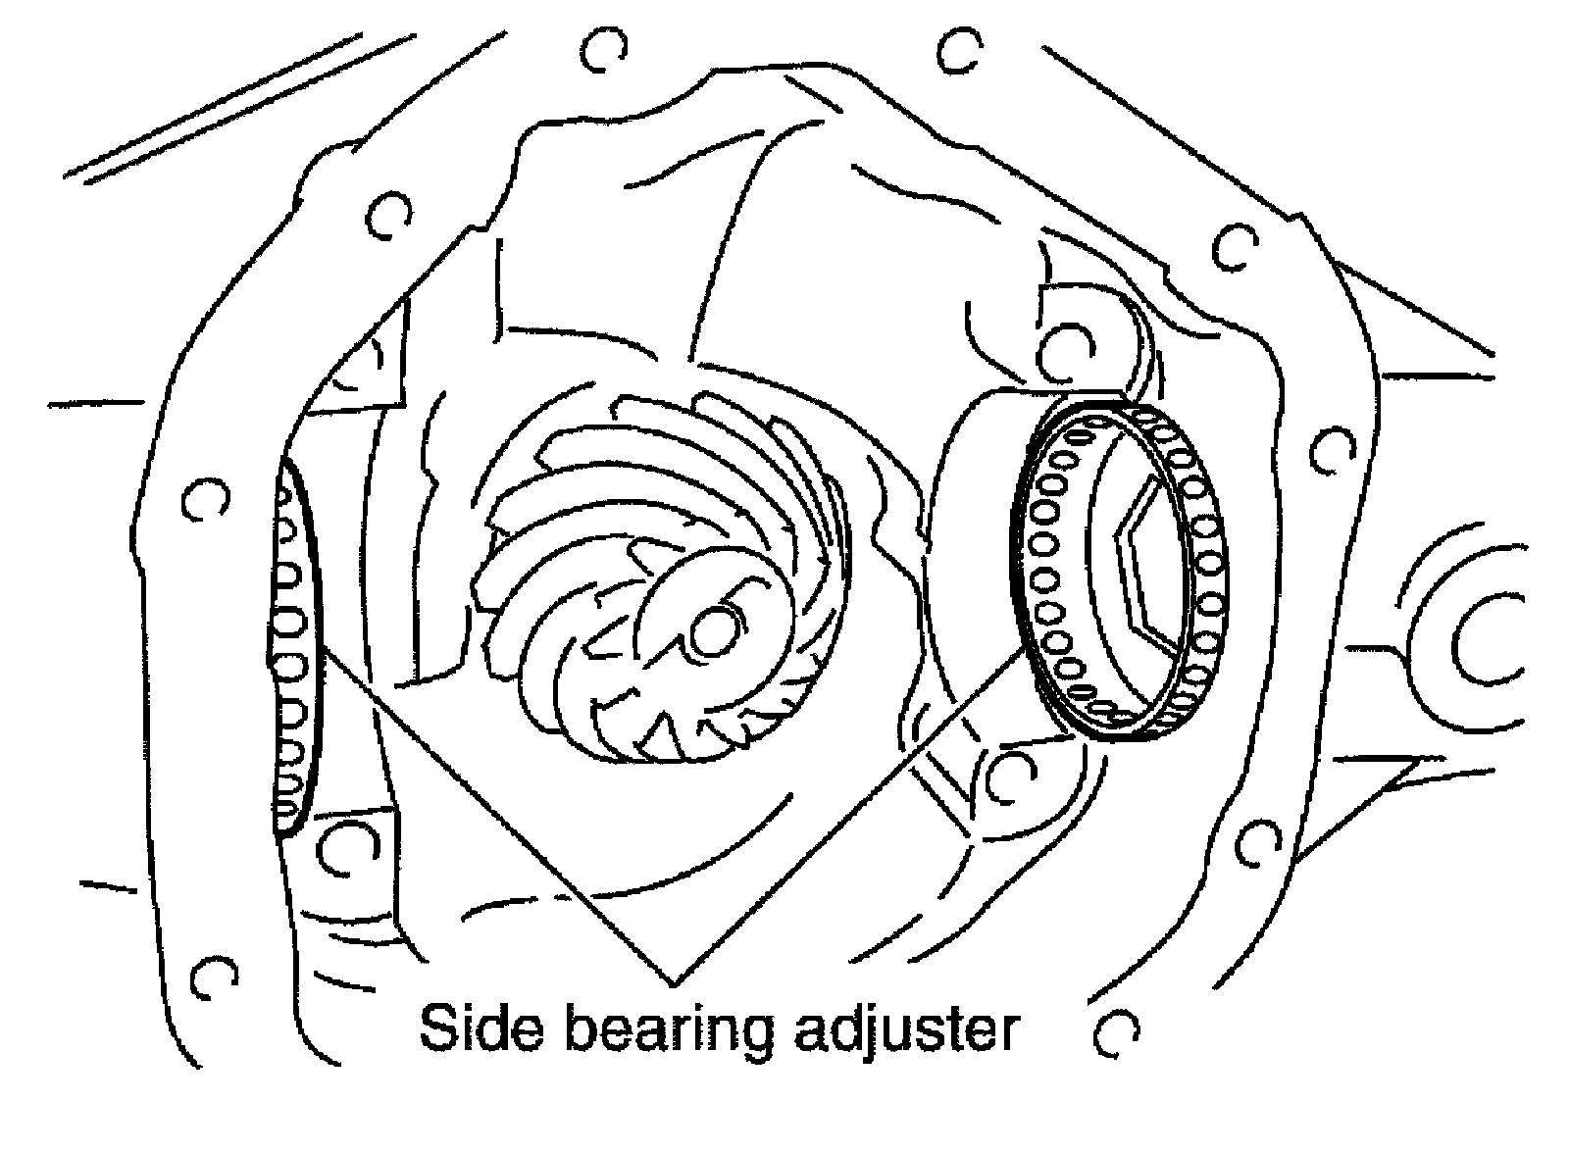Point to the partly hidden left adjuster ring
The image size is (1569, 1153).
[293, 647]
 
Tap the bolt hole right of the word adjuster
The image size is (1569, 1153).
[1116, 1032]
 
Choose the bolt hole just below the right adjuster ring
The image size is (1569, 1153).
[1010, 775]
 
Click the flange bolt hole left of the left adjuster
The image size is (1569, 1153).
[203, 500]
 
